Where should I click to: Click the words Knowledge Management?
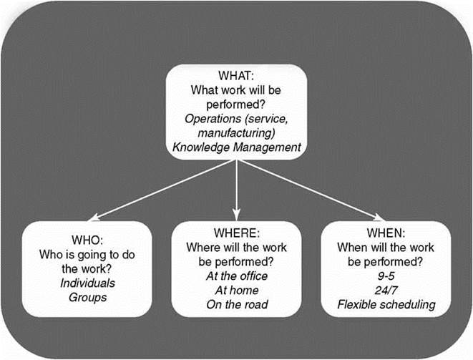tap(235, 147)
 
